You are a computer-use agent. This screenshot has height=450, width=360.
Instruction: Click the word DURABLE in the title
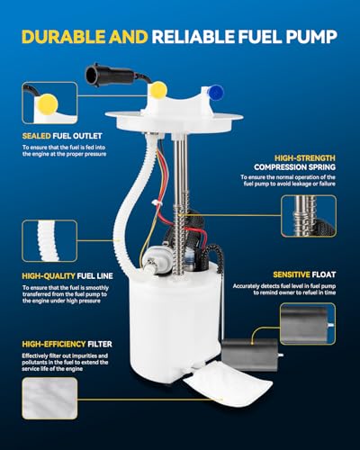(x=63, y=37)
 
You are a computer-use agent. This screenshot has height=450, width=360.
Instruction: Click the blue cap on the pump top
(x=216, y=93)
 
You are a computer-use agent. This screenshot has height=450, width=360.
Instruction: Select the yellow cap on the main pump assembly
(x=158, y=89)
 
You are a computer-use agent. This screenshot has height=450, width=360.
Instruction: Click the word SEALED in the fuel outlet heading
(x=36, y=136)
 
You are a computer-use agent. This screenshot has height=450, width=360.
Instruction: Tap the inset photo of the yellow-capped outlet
(x=49, y=103)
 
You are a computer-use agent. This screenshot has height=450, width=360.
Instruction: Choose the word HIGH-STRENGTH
(x=305, y=158)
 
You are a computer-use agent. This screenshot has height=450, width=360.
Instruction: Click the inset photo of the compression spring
(x=309, y=216)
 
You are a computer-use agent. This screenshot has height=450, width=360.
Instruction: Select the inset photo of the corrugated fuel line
(x=49, y=241)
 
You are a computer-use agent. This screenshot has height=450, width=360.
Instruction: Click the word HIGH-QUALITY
(x=49, y=276)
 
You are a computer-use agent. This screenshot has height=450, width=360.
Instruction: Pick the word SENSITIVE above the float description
(x=292, y=274)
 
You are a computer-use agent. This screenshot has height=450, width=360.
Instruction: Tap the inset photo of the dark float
(x=308, y=324)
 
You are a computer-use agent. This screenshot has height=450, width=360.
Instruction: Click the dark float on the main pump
(x=250, y=355)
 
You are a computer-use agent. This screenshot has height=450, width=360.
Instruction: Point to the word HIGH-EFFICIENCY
(x=54, y=344)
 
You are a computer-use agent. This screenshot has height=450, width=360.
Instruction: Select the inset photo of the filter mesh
(x=49, y=398)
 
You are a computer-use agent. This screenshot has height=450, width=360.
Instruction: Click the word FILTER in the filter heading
(x=100, y=344)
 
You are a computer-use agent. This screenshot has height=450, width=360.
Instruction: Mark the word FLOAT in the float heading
(x=324, y=274)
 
